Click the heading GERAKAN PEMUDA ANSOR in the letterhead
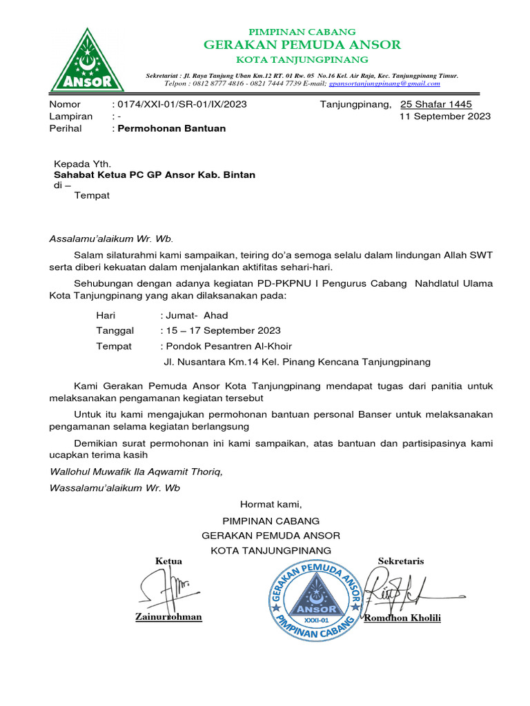point(302,45)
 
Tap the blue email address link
point(384,83)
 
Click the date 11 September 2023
point(445,117)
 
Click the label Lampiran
point(71,117)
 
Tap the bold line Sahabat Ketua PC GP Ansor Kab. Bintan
point(155,175)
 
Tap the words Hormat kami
point(271,504)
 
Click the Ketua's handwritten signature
point(166,587)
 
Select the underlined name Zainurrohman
point(169,616)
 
